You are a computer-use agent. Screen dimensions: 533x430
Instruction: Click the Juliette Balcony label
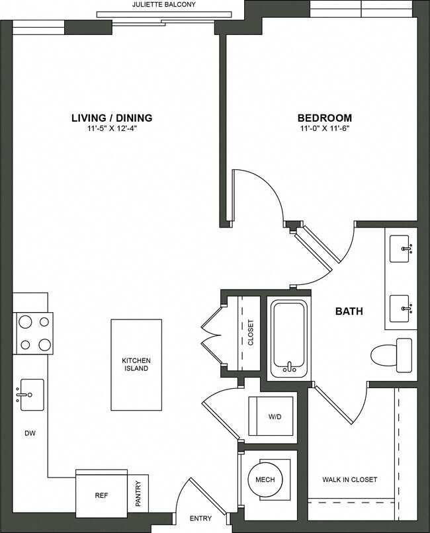click(x=164, y=5)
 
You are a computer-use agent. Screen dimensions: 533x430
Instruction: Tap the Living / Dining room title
click(x=112, y=118)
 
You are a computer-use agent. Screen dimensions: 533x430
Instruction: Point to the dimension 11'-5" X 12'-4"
click(x=112, y=129)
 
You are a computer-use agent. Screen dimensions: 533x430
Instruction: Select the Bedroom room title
click(x=323, y=118)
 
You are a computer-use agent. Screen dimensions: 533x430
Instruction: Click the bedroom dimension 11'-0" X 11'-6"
click(x=323, y=129)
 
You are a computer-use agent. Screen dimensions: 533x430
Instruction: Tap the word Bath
click(x=349, y=311)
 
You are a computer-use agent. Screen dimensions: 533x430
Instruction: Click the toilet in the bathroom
click(x=391, y=353)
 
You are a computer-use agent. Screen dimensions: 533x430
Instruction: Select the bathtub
click(x=288, y=339)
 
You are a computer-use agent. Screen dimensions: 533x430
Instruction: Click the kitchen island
click(x=136, y=364)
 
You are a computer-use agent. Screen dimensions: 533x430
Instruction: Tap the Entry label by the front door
click(x=200, y=518)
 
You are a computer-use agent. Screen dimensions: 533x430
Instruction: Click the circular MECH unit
click(x=265, y=479)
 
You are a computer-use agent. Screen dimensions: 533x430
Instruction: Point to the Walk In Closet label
click(x=350, y=479)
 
